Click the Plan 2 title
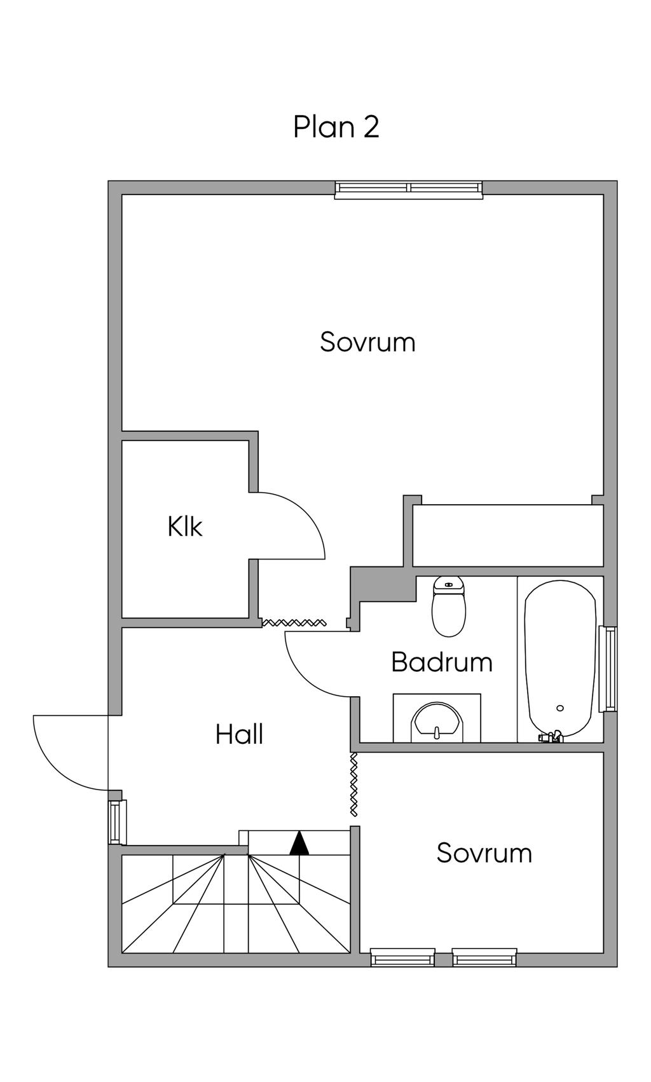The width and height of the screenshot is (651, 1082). [336, 127]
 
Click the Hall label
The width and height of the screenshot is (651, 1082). [239, 734]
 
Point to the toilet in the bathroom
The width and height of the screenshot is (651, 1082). [449, 606]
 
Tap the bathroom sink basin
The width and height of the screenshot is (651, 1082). [437, 721]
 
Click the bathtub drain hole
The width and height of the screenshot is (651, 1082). [560, 708]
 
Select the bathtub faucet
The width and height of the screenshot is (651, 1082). [551, 737]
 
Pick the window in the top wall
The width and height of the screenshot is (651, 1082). [409, 189]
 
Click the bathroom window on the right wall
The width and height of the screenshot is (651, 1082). [608, 669]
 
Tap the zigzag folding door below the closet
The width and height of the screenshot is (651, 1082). [294, 622]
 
